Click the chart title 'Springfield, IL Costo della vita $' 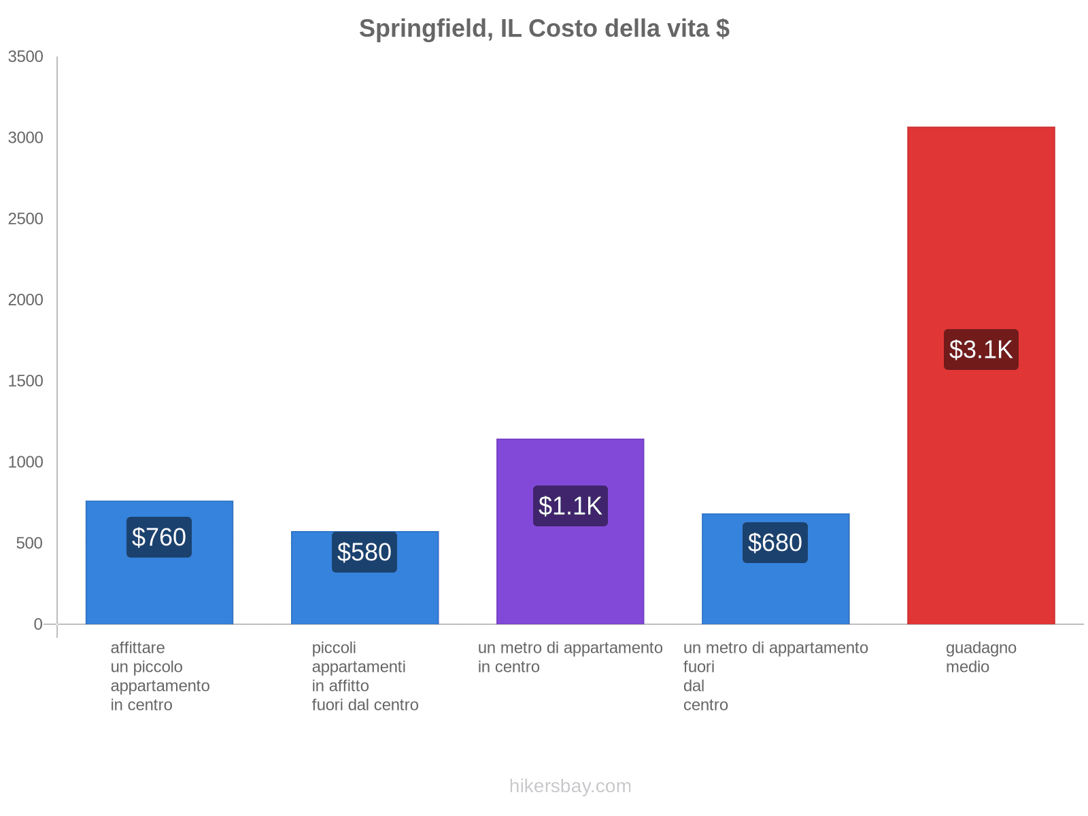(544, 29)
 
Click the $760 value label (159, 537)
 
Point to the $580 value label (364, 552)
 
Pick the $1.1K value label (570, 506)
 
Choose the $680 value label (775, 543)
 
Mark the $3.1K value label (981, 350)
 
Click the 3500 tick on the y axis (26, 57)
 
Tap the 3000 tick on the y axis (26, 138)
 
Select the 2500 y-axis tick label (26, 219)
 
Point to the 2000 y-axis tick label (26, 300)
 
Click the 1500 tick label (26, 381)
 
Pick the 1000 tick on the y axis (26, 462)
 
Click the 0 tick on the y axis (38, 624)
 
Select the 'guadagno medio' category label (981, 658)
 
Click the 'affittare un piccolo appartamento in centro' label (160, 676)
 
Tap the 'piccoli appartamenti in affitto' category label (364, 676)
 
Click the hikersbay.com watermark (570, 786)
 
